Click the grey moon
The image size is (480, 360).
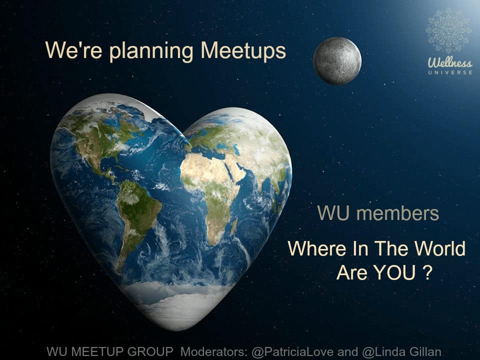point(337,60)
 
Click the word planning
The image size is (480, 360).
point(151,51)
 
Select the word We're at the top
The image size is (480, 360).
point(73,50)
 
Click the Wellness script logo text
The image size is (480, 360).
point(450,63)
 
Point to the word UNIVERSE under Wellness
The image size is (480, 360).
point(450,72)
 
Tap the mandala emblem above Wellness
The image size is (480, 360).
point(448,30)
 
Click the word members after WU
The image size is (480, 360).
point(397,213)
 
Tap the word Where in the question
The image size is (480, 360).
point(317,248)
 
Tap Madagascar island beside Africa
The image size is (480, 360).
point(234,226)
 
